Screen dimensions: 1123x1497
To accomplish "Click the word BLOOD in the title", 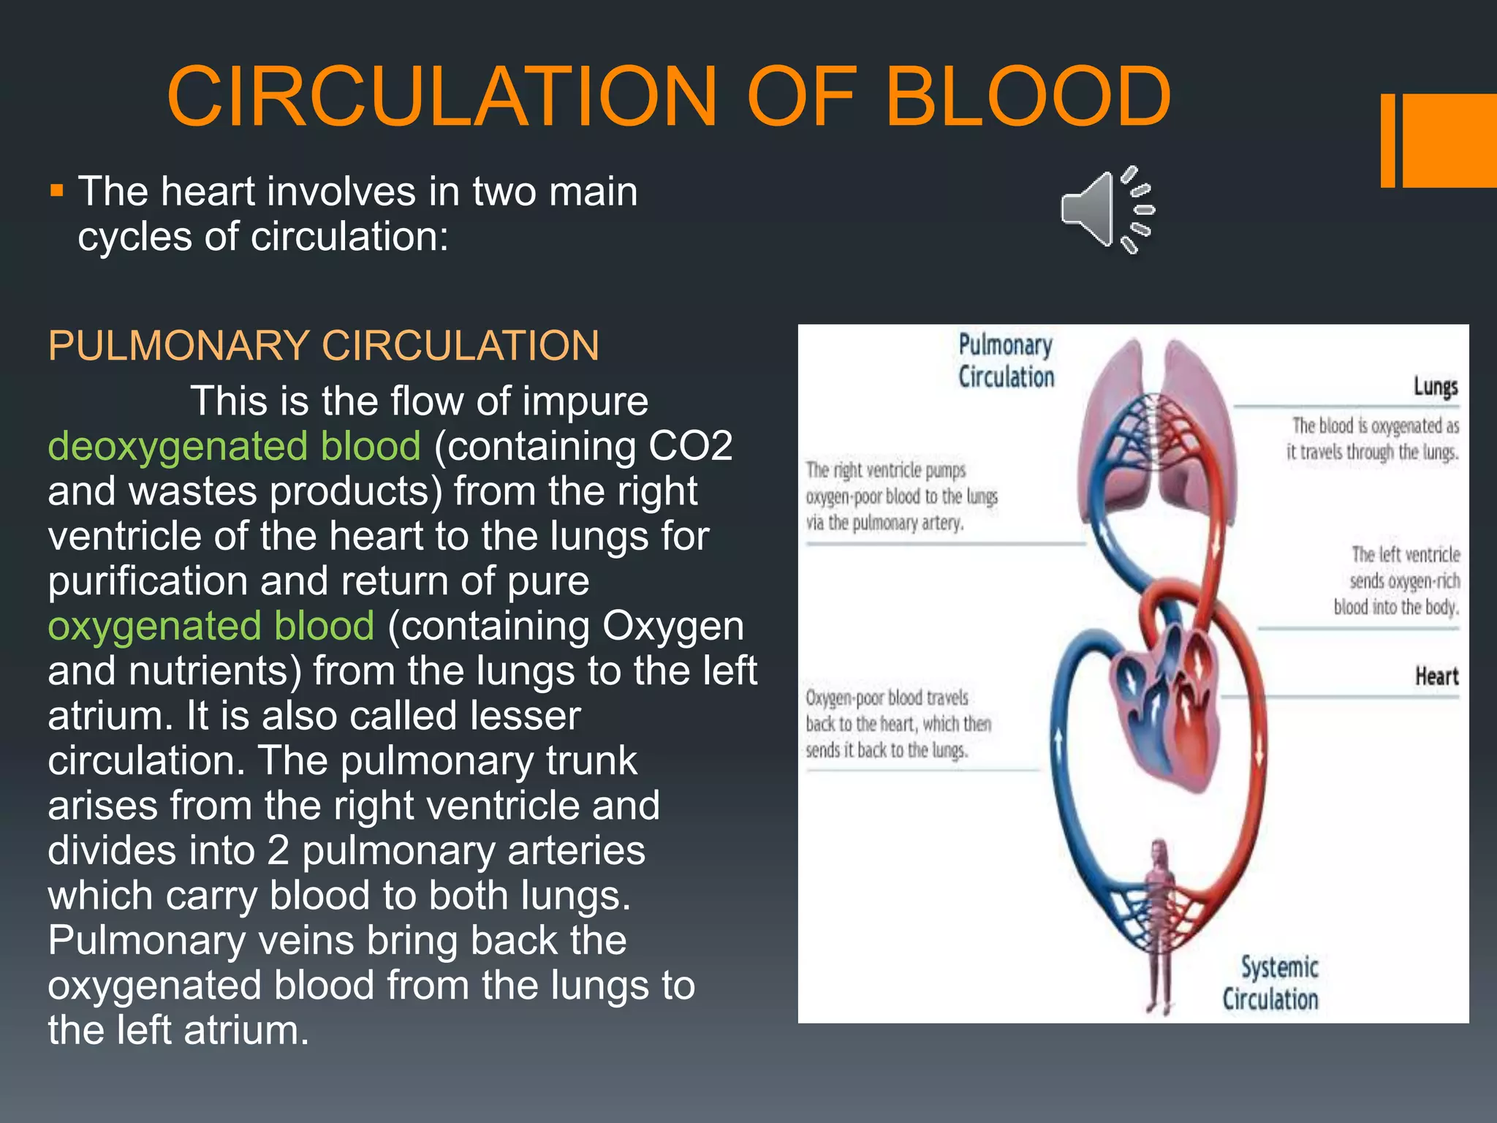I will pyautogui.click(x=1028, y=97).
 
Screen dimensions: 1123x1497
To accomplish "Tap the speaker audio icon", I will pyautogui.click(x=1106, y=210).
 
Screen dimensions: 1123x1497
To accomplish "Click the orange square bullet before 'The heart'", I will pyautogui.click(x=57, y=192).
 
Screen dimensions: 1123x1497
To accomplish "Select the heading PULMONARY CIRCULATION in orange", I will pyautogui.click(x=323, y=346).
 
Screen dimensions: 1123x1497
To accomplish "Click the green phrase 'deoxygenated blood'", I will pyautogui.click(x=234, y=446).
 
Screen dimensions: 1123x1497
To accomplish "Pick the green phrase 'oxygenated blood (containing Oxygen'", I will pyautogui.click(x=211, y=626).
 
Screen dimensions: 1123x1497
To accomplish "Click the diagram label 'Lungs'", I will pyautogui.click(x=1435, y=386).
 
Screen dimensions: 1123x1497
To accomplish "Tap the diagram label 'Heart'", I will pyautogui.click(x=1436, y=676).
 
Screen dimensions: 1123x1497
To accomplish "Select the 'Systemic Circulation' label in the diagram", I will pyautogui.click(x=1272, y=983).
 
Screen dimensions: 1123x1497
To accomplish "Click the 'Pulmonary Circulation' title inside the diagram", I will pyautogui.click(x=1006, y=361).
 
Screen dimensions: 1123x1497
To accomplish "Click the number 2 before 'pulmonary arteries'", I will pyautogui.click(x=278, y=851).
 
